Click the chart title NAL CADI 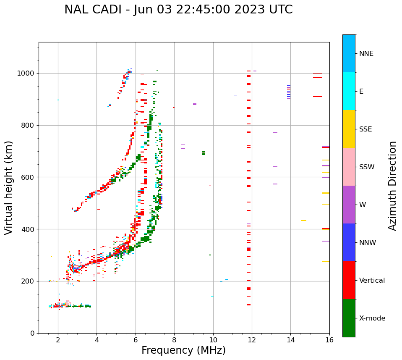(x=178, y=10)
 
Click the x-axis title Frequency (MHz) (x=183, y=350)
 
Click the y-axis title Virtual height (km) (x=9, y=187)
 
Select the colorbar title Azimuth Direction (x=392, y=185)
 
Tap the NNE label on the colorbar (x=366, y=54)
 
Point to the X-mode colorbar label (x=372, y=318)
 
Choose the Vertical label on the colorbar (x=372, y=281)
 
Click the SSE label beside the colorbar (x=365, y=129)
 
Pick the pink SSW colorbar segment (x=349, y=167)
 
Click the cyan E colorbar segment (x=349, y=91)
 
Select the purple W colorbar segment (x=349, y=205)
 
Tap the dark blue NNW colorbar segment (x=349, y=242)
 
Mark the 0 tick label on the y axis (x=33, y=333)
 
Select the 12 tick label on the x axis (x=252, y=340)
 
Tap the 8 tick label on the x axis (x=174, y=340)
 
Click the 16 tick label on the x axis (x=329, y=340)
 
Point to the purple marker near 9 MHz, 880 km (x=195, y=104)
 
